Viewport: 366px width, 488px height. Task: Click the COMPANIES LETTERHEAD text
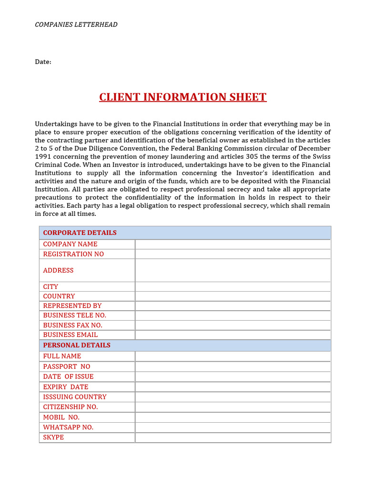(x=76, y=24)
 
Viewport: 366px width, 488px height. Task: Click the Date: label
(x=43, y=62)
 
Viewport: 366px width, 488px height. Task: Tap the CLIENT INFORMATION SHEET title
(x=183, y=97)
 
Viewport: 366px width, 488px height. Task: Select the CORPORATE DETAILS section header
(x=80, y=233)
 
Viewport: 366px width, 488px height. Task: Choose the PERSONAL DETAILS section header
(x=77, y=345)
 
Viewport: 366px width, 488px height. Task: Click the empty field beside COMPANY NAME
(x=233, y=244)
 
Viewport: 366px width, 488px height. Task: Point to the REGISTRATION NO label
(x=73, y=254)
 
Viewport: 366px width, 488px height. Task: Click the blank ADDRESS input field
(x=233, y=270)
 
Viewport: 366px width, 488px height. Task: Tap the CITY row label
(x=51, y=286)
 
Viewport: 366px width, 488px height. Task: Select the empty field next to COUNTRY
(x=233, y=296)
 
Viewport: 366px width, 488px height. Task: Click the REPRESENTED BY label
(x=72, y=305)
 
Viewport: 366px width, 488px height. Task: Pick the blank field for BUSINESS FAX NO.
(x=233, y=325)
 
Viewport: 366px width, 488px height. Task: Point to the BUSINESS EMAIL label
(x=70, y=335)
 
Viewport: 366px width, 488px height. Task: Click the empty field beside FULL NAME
(x=233, y=356)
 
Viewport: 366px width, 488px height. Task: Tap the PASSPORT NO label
(x=66, y=366)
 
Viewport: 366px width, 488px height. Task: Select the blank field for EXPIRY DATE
(x=233, y=386)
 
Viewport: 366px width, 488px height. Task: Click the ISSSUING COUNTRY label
(x=75, y=396)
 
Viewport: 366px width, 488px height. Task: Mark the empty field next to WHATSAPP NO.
(x=233, y=427)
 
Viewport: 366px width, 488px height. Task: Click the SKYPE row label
(x=53, y=437)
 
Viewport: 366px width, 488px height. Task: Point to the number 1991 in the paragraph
(x=43, y=157)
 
